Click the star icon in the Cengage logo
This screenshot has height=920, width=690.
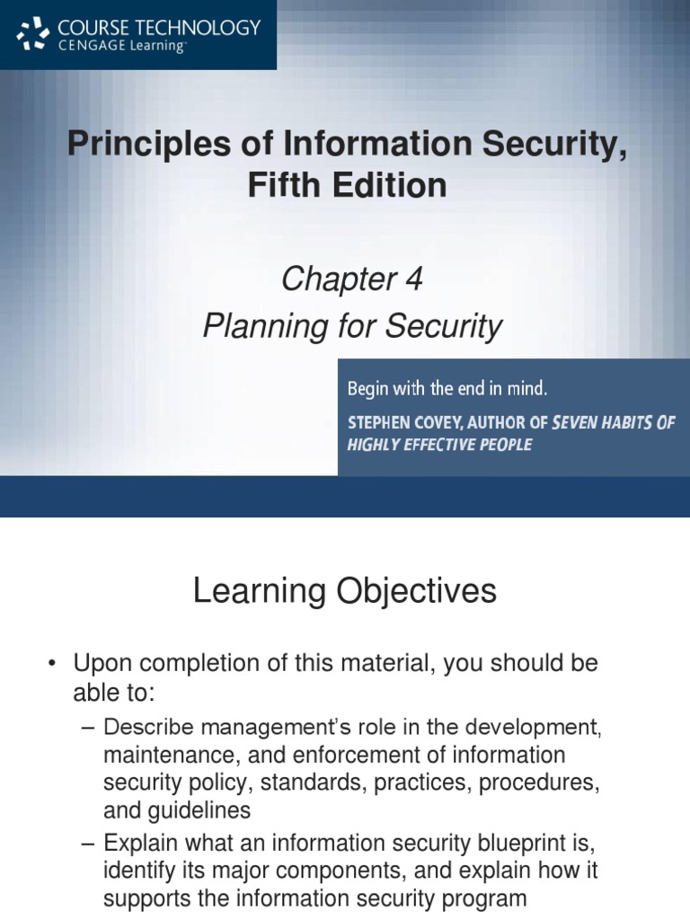coord(33,33)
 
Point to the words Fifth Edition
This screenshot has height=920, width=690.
coord(346,185)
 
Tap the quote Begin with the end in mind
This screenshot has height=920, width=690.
coord(447,389)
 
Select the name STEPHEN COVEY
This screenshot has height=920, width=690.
coord(402,422)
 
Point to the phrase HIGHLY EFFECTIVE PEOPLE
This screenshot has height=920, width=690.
coord(439,445)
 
